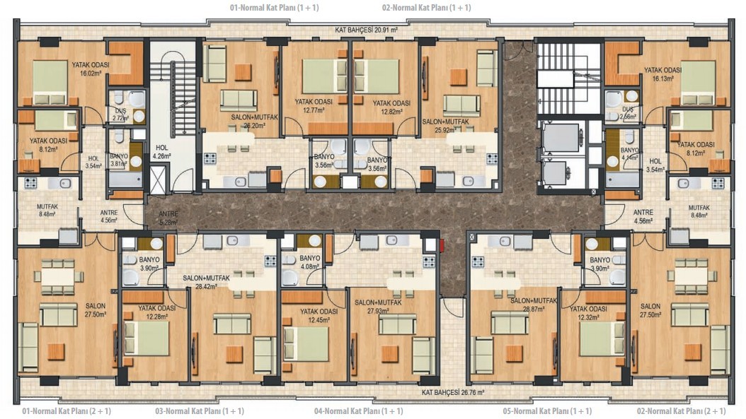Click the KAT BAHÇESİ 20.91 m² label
point(367,30)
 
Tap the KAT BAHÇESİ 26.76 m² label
point(453,393)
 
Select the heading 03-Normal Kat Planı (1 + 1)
point(200,411)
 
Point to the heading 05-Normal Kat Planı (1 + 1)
point(547,411)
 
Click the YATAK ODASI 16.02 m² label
point(91,69)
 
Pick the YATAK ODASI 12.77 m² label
point(314,105)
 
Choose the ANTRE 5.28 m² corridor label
point(168,218)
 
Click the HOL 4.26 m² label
point(162,151)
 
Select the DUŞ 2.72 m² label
point(121,114)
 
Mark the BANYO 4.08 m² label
point(310,262)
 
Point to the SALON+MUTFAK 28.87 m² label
point(534,305)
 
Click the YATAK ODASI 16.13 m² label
point(662,74)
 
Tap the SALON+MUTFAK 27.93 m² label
point(378,307)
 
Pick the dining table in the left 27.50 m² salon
point(57,276)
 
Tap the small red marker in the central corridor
point(442,245)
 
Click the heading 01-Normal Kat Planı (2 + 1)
point(67,411)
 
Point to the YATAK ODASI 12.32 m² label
point(589,312)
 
